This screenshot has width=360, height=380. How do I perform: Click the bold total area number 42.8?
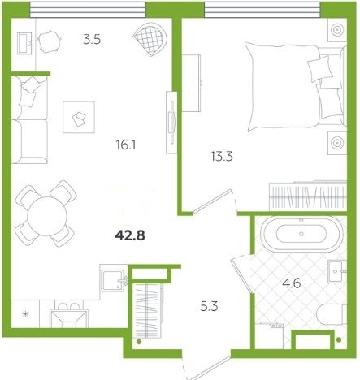(x=130, y=235)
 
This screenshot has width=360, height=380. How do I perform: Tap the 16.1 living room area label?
(x=126, y=145)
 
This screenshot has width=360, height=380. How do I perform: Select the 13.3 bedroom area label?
(x=222, y=157)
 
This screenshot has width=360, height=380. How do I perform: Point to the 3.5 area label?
(x=92, y=40)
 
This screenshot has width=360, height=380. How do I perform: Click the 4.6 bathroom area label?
(x=292, y=283)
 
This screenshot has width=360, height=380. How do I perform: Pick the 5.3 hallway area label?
(x=209, y=307)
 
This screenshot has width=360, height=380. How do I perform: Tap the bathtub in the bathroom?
(x=301, y=234)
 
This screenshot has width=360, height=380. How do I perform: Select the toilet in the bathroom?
(x=332, y=314)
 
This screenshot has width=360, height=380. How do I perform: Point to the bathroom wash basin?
(x=337, y=271)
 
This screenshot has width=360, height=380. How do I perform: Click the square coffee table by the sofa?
(x=79, y=117)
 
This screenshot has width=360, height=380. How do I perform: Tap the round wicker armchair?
(x=150, y=39)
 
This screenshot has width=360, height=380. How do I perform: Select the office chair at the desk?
(x=49, y=41)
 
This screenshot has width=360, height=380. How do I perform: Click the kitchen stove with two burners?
(x=69, y=314)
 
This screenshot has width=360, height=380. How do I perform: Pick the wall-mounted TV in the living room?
(x=171, y=123)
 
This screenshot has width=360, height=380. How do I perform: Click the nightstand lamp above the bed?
(x=337, y=29)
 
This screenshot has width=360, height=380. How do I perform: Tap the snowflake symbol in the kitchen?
(x=25, y=314)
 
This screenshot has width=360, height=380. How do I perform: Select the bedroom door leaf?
(x=213, y=201)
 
